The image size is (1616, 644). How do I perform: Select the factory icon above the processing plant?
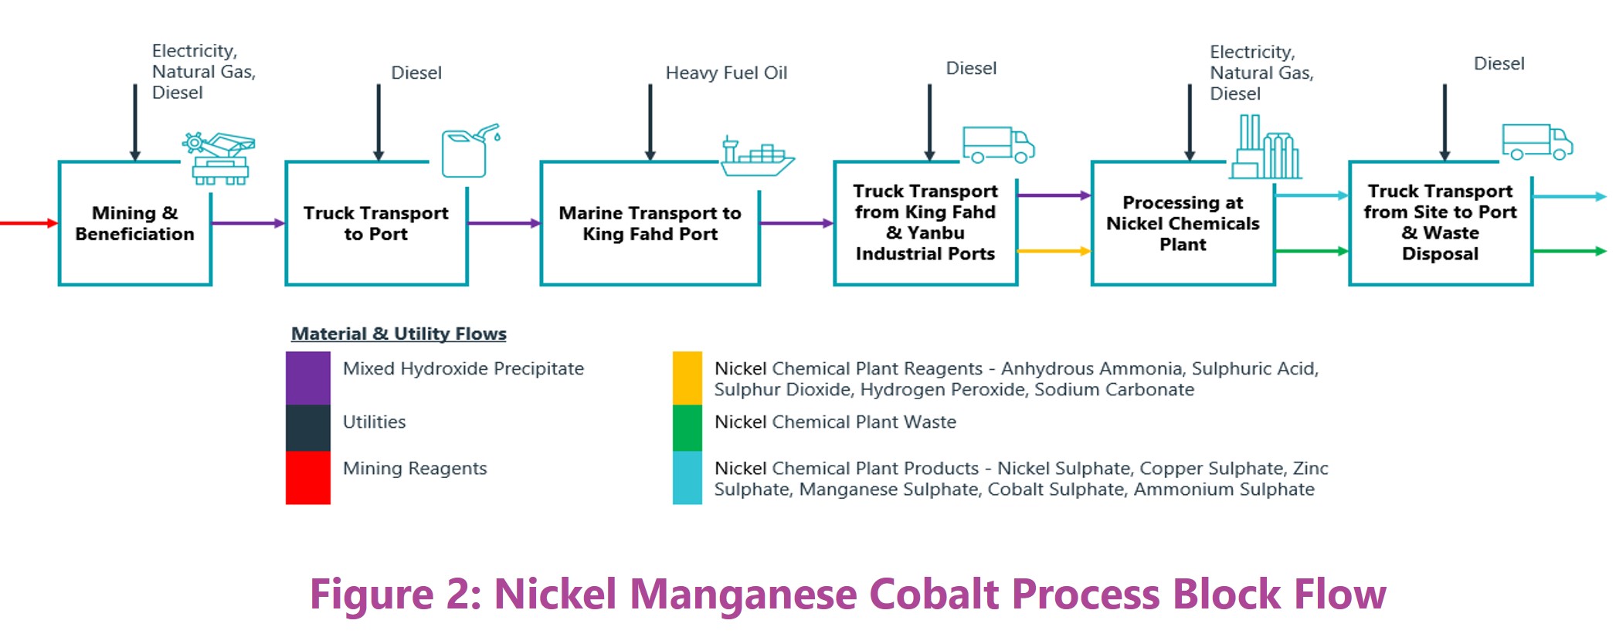click(1265, 148)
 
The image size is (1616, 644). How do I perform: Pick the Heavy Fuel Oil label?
click(726, 73)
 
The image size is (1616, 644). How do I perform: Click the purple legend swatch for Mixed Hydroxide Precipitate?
click(308, 378)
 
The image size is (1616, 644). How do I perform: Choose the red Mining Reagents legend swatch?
click(308, 477)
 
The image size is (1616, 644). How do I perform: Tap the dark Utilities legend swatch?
click(308, 427)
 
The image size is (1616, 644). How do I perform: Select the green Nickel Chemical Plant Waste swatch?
click(687, 427)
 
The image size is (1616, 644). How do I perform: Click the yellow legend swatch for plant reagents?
click(687, 378)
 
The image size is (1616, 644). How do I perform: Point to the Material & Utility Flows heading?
click(399, 334)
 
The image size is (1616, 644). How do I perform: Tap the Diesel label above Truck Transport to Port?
click(416, 73)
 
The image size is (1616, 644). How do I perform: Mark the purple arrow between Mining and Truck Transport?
click(248, 223)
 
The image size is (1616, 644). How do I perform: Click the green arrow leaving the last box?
click(1568, 251)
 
